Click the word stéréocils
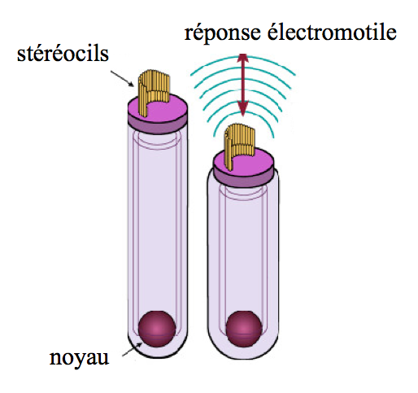pyautogui.click(x=63, y=54)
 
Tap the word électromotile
pyautogui.click(x=332, y=33)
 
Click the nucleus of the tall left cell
pyautogui.click(x=157, y=329)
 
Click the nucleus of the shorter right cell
pyautogui.click(x=244, y=329)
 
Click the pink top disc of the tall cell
pyautogui.click(x=157, y=108)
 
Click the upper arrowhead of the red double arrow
pyautogui.click(x=243, y=58)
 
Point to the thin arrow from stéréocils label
pyautogui.click(x=122, y=79)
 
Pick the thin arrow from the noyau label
pyautogui.click(x=133, y=349)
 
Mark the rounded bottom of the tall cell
pyautogui.click(x=157, y=350)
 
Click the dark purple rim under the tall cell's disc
pyautogui.click(x=157, y=125)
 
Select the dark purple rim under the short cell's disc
pyautogui.click(x=244, y=181)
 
